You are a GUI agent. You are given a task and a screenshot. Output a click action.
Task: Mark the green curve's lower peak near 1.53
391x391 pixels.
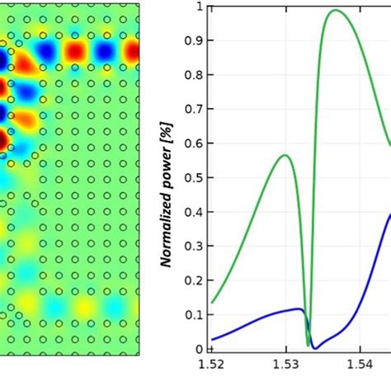tap(284, 155)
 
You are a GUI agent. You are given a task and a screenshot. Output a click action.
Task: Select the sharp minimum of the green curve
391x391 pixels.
tap(309, 346)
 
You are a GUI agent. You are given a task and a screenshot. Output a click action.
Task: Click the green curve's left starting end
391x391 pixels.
tap(213, 303)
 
